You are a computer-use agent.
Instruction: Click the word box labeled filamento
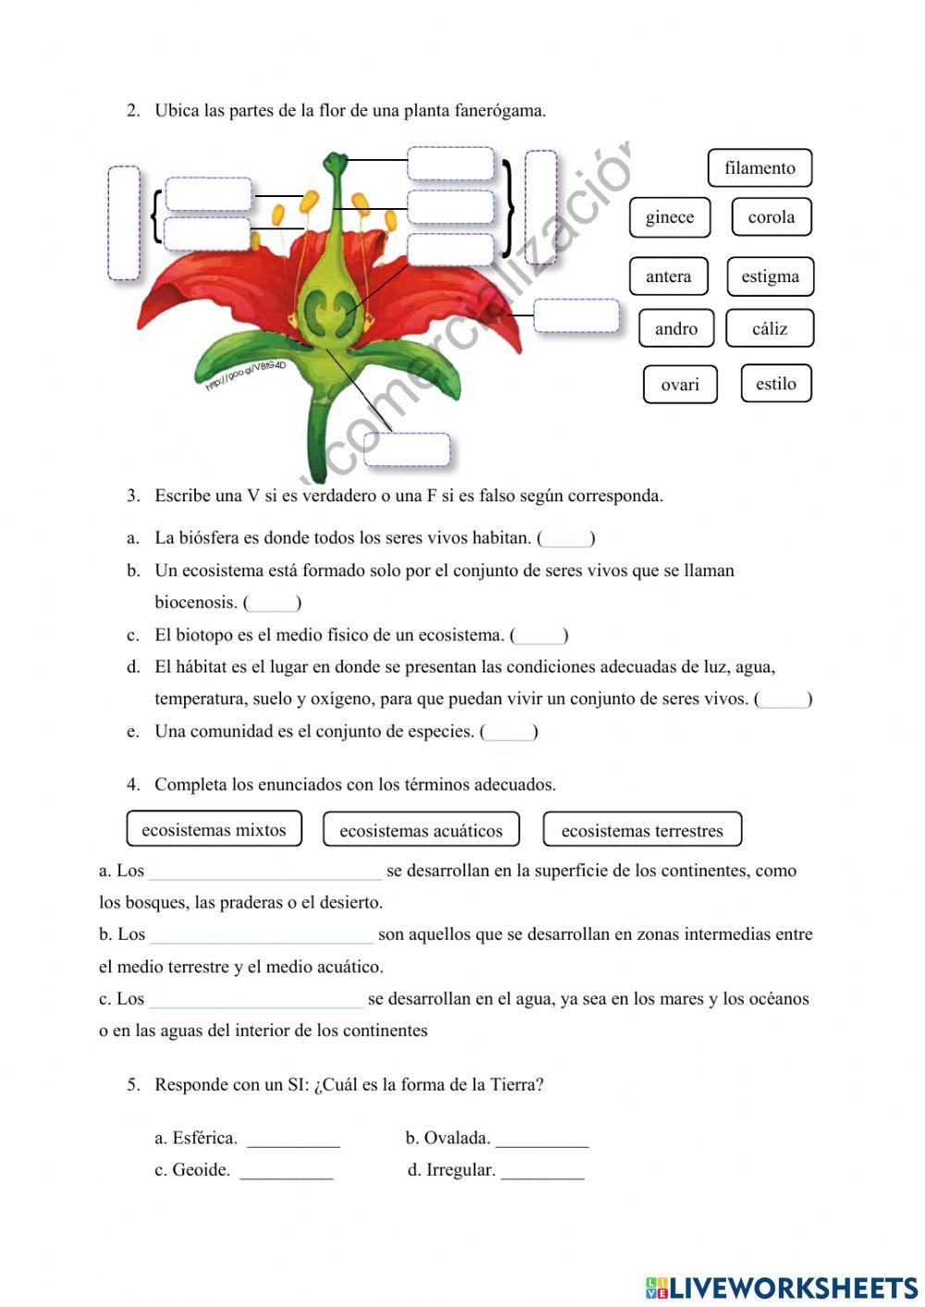click(759, 167)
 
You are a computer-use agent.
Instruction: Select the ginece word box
click(670, 217)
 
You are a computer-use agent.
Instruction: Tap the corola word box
click(771, 217)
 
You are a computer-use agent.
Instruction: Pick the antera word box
click(668, 277)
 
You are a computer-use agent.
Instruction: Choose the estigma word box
click(770, 277)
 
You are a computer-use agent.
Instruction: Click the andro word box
click(676, 328)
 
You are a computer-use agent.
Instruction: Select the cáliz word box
click(770, 328)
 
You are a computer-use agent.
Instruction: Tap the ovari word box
click(680, 385)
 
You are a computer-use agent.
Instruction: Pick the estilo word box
click(775, 384)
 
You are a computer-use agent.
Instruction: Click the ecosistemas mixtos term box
click(214, 830)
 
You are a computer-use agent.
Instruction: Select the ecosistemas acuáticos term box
click(421, 831)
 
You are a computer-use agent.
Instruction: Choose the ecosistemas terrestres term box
click(642, 831)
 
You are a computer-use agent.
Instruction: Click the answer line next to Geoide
click(286, 1171)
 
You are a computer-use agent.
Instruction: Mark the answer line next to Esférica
click(293, 1139)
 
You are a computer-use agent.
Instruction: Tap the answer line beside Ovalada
click(542, 1139)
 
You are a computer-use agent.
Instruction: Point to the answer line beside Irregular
click(542, 1171)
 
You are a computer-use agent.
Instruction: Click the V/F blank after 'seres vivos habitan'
click(565, 538)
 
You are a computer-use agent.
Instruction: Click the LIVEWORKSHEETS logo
click(782, 1288)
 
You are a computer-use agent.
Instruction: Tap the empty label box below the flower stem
click(407, 450)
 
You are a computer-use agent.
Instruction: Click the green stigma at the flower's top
click(334, 165)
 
